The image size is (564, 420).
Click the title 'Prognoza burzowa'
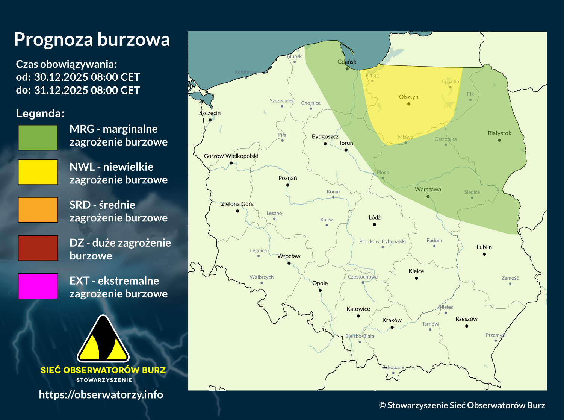(x=92, y=39)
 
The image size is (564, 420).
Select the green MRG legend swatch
(x=38, y=138)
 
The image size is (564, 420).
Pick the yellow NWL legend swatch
(x=38, y=172)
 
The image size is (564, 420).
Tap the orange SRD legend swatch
(x=38, y=210)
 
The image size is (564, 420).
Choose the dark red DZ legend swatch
(x=38, y=248)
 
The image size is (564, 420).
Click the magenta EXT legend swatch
(x=38, y=286)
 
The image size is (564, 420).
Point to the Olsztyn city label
(x=408, y=97)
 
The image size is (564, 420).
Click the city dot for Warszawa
(x=428, y=196)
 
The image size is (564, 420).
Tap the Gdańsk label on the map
(x=347, y=62)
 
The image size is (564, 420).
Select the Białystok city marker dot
(x=499, y=140)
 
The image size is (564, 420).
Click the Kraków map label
(x=392, y=320)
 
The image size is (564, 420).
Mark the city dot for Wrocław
(x=289, y=263)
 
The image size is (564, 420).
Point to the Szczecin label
(x=210, y=113)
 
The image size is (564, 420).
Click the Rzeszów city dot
(x=467, y=326)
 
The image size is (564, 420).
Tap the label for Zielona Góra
(x=237, y=204)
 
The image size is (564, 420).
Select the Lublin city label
(x=484, y=247)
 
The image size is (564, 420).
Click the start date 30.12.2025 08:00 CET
(x=87, y=77)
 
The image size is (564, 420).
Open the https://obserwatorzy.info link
(x=101, y=394)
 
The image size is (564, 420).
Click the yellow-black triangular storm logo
(x=103, y=340)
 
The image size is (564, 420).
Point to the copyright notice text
(x=462, y=405)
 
